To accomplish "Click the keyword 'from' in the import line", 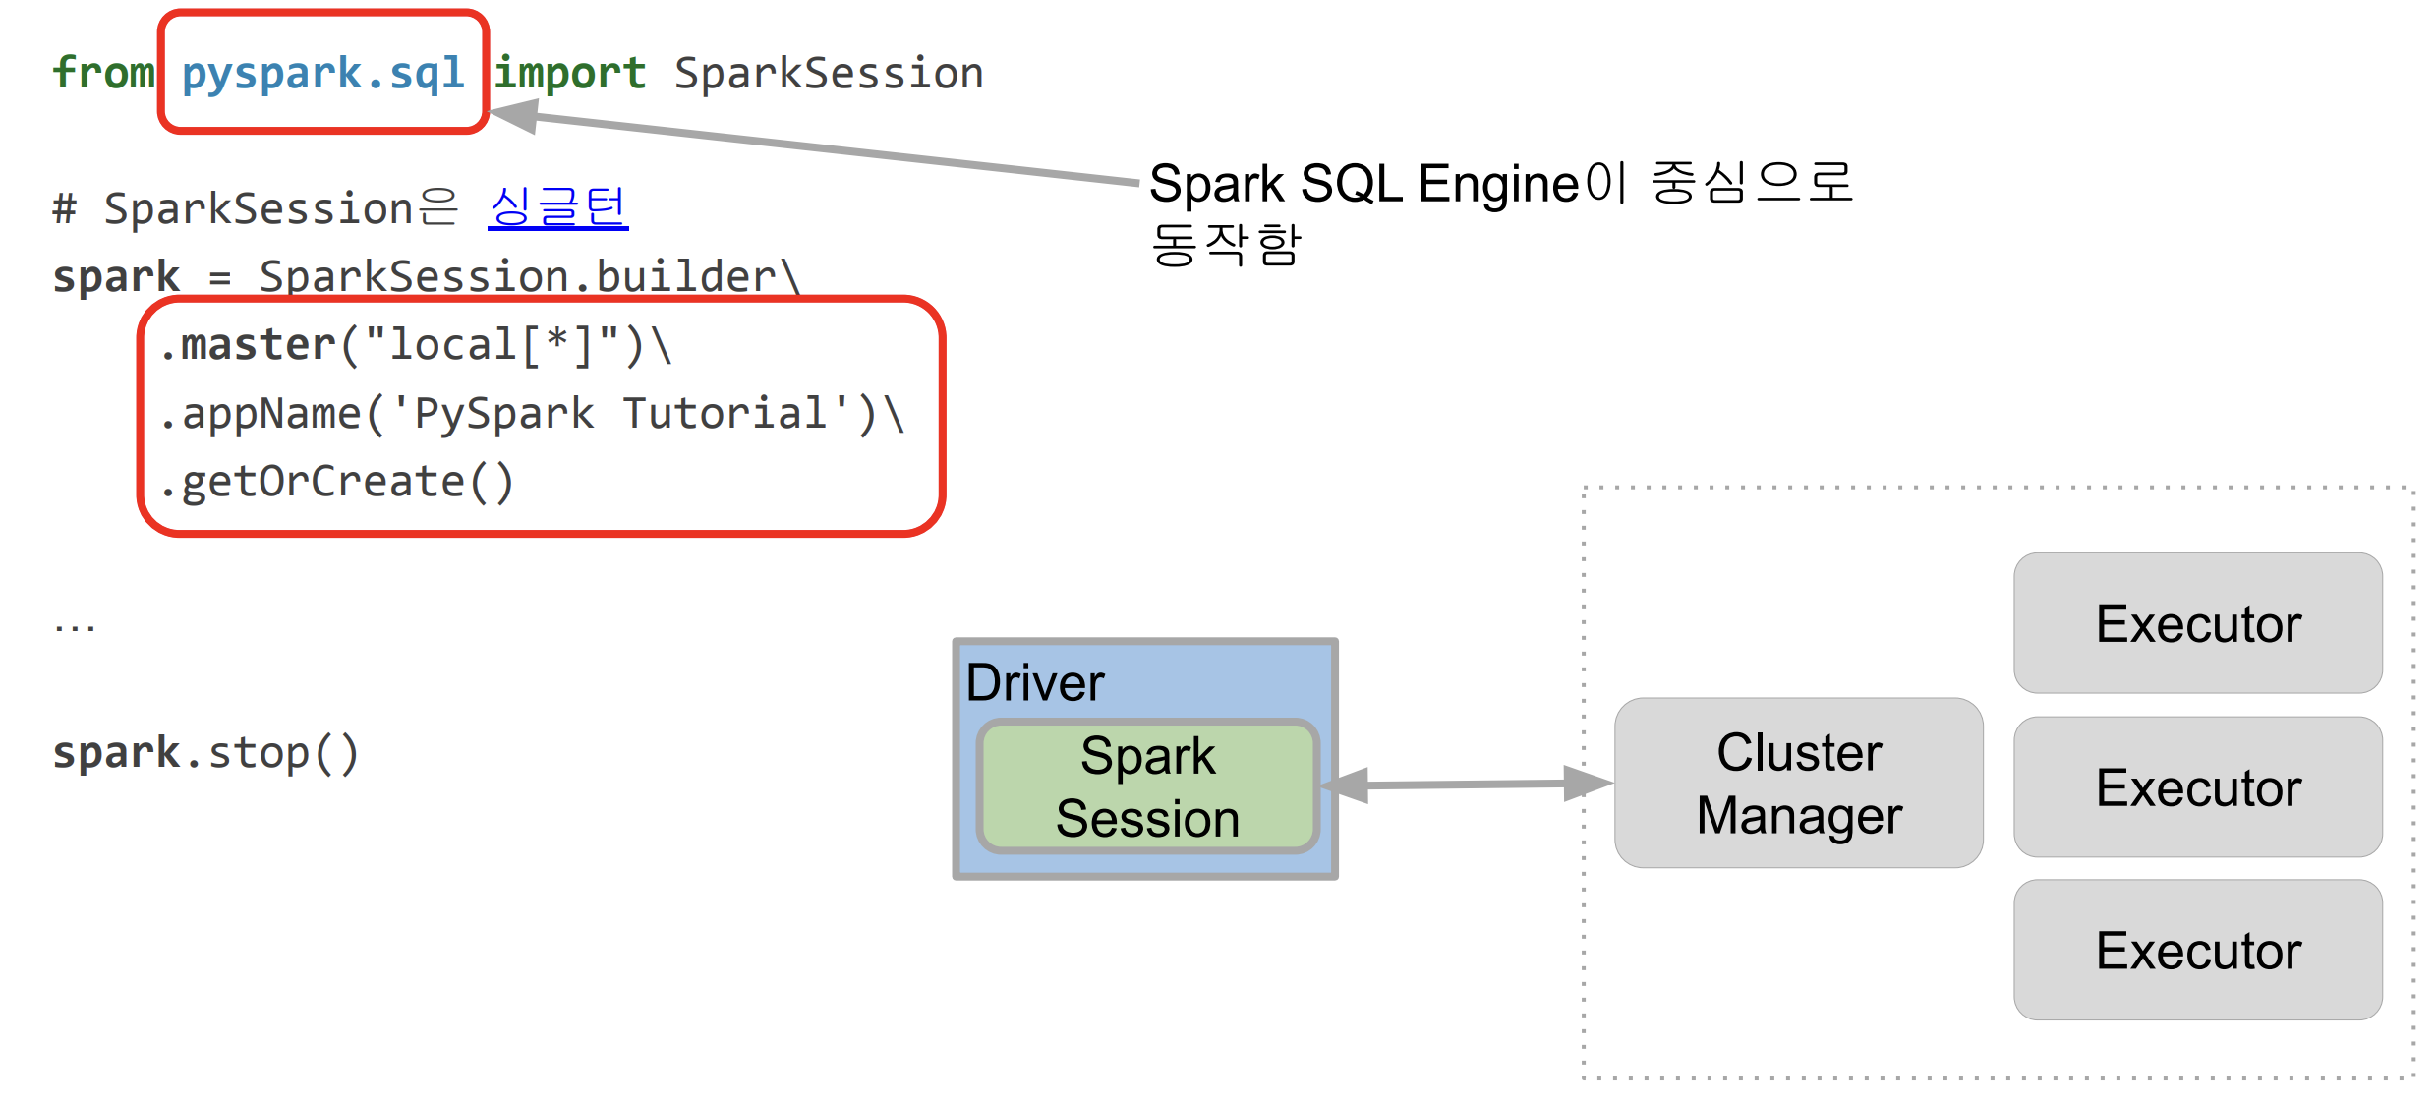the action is [x=103, y=73].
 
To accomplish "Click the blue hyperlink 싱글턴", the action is [x=557, y=207].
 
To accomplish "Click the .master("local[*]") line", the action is [x=416, y=345].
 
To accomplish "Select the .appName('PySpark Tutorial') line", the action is [x=532, y=414].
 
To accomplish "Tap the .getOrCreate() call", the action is [x=337, y=483].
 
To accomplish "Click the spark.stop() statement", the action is [x=206, y=754].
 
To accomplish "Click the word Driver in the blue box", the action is [x=1035, y=682].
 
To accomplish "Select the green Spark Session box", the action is [x=1147, y=786].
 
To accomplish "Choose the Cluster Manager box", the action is [x=1799, y=784].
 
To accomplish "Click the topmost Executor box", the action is [x=2198, y=623].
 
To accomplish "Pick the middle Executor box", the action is [x=2198, y=786].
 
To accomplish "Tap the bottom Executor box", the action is [x=2198, y=950].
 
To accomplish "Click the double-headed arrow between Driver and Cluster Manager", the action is [x=1467, y=785].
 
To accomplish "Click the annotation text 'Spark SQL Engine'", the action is [x=1363, y=184].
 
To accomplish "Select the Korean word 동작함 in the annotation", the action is [x=1226, y=245].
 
